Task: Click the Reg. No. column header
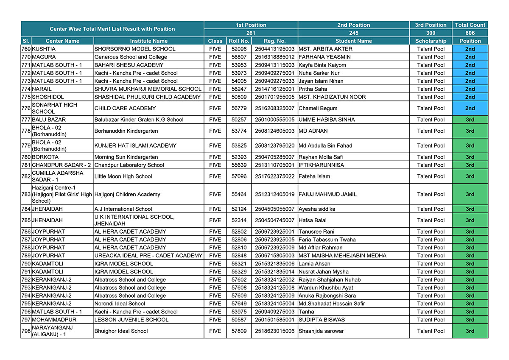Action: (x=274, y=41)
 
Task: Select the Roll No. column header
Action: (x=239, y=41)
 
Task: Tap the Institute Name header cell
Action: (x=148, y=41)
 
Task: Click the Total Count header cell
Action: (x=470, y=25)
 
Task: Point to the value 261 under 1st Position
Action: (x=251, y=33)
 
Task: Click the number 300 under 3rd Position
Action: (x=431, y=33)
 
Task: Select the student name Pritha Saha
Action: (x=313, y=89)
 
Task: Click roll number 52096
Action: (x=239, y=49)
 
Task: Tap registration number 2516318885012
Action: (x=274, y=57)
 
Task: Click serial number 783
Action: (x=26, y=194)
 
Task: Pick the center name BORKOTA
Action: (x=45, y=157)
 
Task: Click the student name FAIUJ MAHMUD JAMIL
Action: (x=327, y=194)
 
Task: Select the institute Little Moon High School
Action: (x=123, y=176)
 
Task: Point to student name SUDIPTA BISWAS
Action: (x=322, y=320)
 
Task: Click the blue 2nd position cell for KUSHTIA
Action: (x=470, y=49)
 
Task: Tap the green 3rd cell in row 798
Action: (x=470, y=331)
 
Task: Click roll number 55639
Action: (x=239, y=165)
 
